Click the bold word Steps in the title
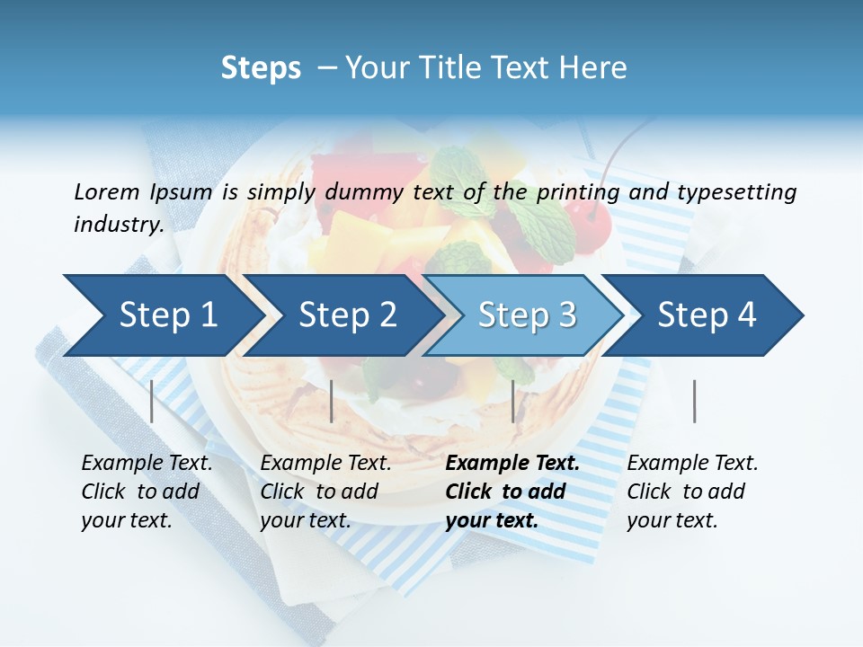[x=261, y=68]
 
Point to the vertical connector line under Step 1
[x=152, y=401]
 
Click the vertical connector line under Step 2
[x=332, y=401]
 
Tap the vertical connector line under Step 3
[x=512, y=401]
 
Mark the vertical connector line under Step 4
[x=694, y=401]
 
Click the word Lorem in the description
[x=107, y=192]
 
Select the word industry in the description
[x=118, y=225]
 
